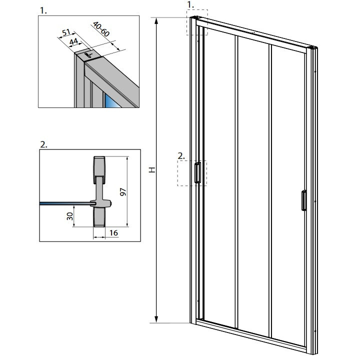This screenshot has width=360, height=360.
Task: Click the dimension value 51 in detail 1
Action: pyautogui.click(x=65, y=34)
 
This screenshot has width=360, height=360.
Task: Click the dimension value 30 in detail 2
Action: pyautogui.click(x=70, y=216)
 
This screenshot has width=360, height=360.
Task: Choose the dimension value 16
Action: pyautogui.click(x=114, y=233)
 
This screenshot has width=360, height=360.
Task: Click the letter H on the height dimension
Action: pyautogui.click(x=152, y=170)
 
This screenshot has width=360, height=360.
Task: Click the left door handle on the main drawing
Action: pyautogui.click(x=198, y=172)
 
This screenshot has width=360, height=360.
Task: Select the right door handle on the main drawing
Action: pyautogui.click(x=303, y=201)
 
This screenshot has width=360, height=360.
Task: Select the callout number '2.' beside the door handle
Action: pyautogui.click(x=181, y=155)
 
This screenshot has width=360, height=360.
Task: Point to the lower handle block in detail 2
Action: pyautogui.click(x=99, y=217)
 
